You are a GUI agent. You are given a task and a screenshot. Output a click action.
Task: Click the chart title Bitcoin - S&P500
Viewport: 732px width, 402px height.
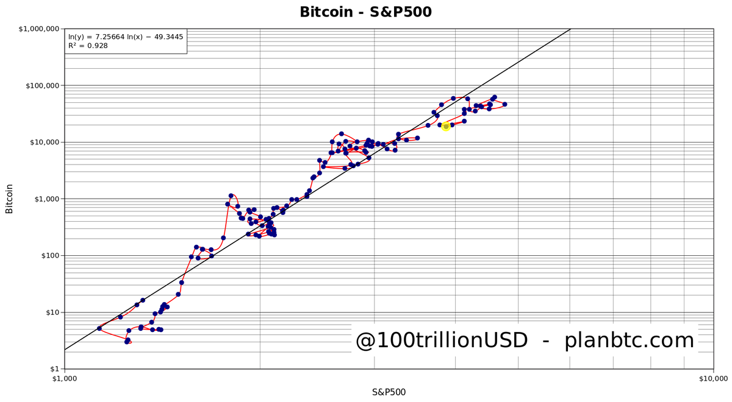pyautogui.click(x=365, y=12)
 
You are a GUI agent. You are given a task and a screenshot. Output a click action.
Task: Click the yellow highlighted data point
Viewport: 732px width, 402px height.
pyautogui.click(x=446, y=126)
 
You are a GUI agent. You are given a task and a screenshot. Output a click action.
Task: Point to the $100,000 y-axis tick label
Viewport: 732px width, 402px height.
pyautogui.click(x=41, y=85)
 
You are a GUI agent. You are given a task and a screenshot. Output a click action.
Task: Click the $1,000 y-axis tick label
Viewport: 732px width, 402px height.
pyautogui.click(x=45, y=199)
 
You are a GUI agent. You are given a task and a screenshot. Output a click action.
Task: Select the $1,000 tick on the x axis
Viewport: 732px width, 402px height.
pyautogui.click(x=64, y=378)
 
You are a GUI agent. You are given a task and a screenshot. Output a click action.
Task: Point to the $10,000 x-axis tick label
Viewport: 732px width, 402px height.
pyautogui.click(x=712, y=378)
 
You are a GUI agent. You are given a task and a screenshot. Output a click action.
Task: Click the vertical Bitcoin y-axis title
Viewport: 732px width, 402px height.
pyautogui.click(x=9, y=199)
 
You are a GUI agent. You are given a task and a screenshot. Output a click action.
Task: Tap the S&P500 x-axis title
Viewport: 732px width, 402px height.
pyautogui.click(x=389, y=392)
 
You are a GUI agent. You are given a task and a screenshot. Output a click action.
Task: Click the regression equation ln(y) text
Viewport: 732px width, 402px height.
pyautogui.click(x=126, y=37)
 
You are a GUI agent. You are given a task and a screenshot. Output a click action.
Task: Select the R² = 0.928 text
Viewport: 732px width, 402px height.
pyautogui.click(x=88, y=46)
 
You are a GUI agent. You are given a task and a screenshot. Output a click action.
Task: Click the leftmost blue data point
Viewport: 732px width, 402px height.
pyautogui.click(x=99, y=328)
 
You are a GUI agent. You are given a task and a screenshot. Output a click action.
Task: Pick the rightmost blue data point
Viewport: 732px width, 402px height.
pyautogui.click(x=504, y=104)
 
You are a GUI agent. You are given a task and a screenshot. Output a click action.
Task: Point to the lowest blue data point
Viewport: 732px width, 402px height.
pyautogui.click(x=127, y=342)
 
